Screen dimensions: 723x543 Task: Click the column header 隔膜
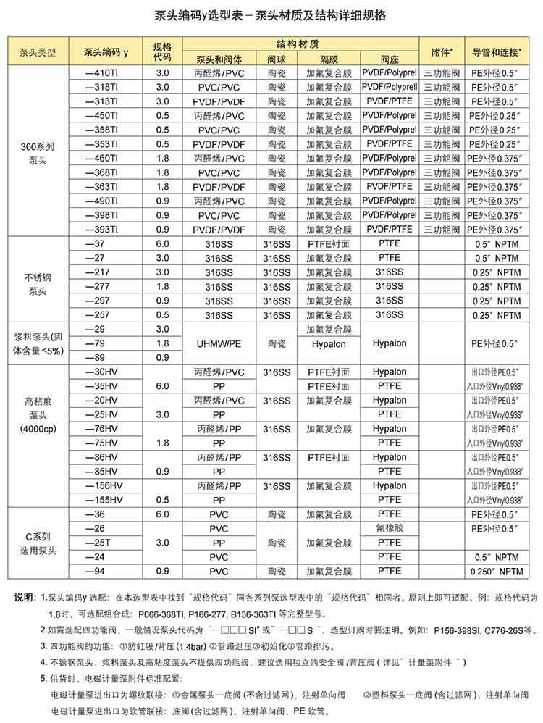pos(329,59)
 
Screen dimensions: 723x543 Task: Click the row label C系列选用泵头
pos(37,543)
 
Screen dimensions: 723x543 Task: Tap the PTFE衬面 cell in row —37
pos(329,244)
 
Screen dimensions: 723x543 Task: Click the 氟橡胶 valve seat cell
pos(390,528)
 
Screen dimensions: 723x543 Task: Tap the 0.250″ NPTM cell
pos(497,571)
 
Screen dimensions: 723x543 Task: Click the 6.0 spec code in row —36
pos(162,514)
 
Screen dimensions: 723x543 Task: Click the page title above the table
pos(271,15)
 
